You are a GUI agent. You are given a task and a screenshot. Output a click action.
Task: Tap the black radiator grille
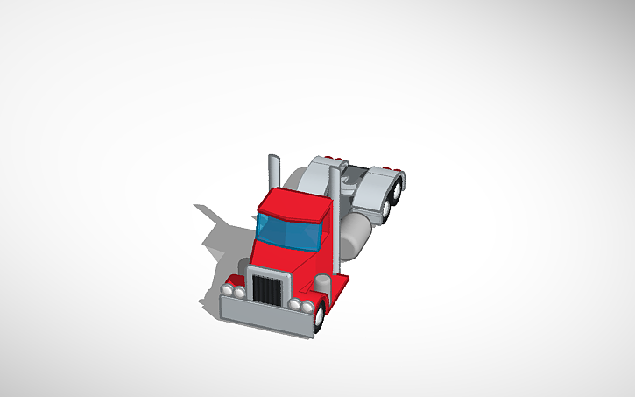(265, 290)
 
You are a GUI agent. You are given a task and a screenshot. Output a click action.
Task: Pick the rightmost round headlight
(307, 307)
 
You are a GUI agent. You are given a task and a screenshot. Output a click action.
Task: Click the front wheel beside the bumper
(321, 315)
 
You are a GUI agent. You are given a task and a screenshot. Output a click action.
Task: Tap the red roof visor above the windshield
(293, 203)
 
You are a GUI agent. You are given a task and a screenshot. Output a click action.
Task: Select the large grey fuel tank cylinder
(356, 233)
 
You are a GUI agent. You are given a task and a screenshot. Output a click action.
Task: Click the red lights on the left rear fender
(332, 158)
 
